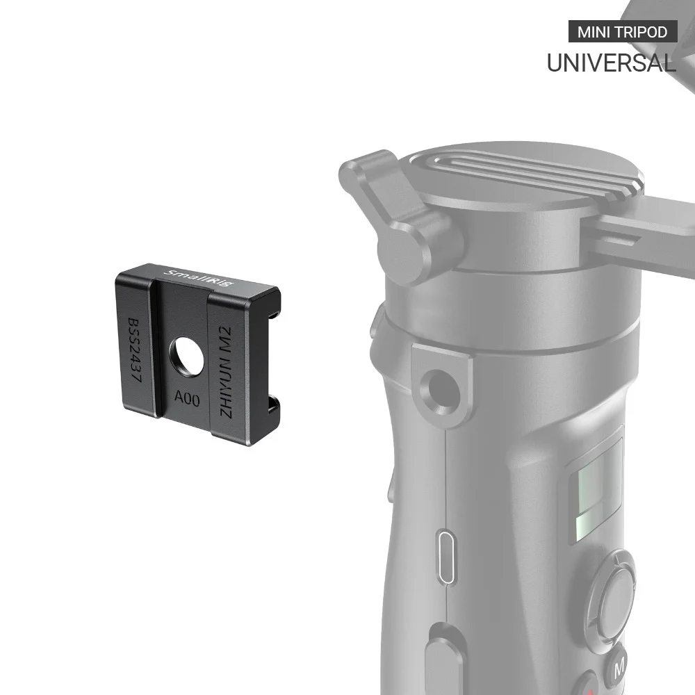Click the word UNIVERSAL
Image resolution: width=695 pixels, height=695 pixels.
[611, 63]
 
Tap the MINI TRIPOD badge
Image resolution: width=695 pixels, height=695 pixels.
[622, 32]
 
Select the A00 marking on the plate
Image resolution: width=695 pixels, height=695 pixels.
[186, 399]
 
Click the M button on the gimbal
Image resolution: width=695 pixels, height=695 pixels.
[619, 668]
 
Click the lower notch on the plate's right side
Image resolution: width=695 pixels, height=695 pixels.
[273, 403]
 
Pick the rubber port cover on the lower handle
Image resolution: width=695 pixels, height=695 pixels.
[445, 653]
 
